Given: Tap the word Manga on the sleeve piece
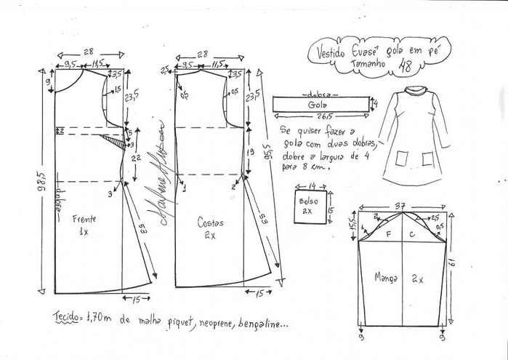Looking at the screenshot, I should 385,276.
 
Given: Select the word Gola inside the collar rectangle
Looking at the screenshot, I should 318,105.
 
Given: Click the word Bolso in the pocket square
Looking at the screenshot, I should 306,201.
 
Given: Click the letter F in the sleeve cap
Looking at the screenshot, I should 389,234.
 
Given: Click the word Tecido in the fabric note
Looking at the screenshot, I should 68,317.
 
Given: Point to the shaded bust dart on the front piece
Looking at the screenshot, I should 113,137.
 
